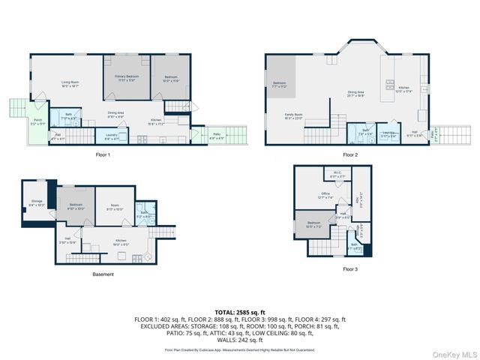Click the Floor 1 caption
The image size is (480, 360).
pyautogui.click(x=103, y=155)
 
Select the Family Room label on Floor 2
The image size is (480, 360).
pyautogui.click(x=283, y=116)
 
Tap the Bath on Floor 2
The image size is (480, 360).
pyautogui.click(x=367, y=132)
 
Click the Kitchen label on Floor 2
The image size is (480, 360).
pyautogui.click(x=403, y=89)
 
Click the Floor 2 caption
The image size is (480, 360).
pyautogui.click(x=350, y=155)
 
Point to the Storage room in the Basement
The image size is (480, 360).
pyautogui.click(x=37, y=202)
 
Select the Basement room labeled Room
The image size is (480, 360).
pyautogui.click(x=114, y=208)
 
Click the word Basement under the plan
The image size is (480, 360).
pyautogui.click(x=103, y=274)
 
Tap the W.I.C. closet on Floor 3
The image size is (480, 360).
pyautogui.click(x=338, y=175)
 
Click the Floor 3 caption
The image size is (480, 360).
pyautogui.click(x=350, y=268)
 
